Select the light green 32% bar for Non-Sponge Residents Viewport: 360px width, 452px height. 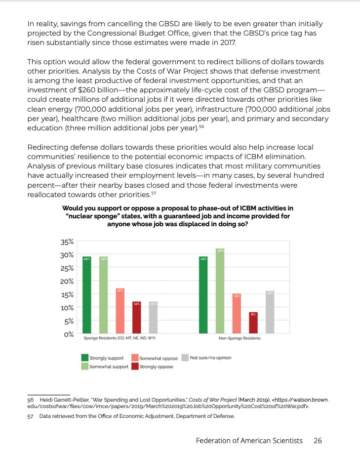click(220, 291)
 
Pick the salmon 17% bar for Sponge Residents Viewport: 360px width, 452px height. click(120, 311)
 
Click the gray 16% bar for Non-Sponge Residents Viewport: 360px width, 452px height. click(270, 312)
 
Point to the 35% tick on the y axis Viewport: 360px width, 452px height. click(67, 242)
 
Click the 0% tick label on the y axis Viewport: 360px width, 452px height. click(68, 334)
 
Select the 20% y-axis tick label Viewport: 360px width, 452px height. click(67, 281)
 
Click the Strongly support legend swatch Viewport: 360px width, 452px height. click(85, 358)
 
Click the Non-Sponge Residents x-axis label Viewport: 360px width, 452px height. click(240, 339)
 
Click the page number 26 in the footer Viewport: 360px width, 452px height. click(318, 440)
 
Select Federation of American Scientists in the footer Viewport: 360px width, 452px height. click(251, 440)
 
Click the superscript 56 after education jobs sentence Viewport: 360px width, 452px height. click(201, 126)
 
